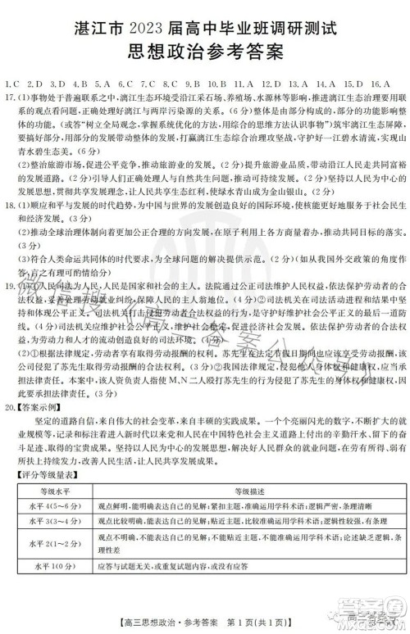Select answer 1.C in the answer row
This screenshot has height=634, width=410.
point(11,84)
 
